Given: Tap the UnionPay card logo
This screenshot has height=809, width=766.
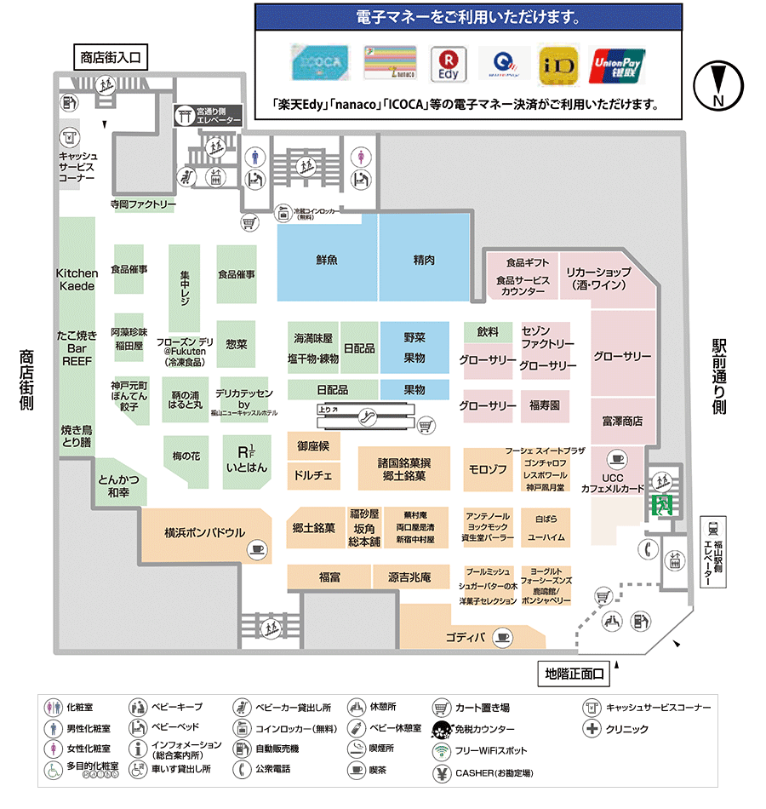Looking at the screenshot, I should coord(617,65).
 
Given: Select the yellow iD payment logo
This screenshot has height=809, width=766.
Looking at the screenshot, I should coord(558,65).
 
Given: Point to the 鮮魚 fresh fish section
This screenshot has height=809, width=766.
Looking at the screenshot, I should coord(327,259).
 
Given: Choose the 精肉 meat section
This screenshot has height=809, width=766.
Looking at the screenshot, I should coord(424,259).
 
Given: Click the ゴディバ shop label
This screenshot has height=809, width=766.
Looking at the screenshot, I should coord(466,637).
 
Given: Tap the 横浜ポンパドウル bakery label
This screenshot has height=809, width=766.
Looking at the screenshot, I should coord(204,533).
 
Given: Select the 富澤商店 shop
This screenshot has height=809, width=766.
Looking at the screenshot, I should coord(622,421).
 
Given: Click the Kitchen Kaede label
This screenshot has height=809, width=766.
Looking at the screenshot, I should coord(77,279).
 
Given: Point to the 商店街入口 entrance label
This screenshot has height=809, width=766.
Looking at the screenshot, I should coord(111,58).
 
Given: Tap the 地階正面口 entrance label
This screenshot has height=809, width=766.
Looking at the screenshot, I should coord(574,674).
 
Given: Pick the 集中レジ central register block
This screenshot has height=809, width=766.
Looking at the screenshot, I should coord(185,288).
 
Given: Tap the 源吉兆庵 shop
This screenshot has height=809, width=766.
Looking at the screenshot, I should coord(409,577).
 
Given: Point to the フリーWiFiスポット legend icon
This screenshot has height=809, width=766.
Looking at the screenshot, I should coord(441,751).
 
